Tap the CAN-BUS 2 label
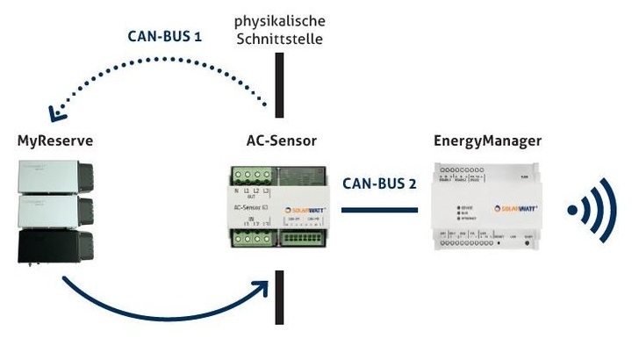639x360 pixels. tap(380, 185)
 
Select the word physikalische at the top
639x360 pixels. tap(279, 18)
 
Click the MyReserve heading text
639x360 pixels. tap(55, 140)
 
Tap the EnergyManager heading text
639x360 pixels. tap(487, 140)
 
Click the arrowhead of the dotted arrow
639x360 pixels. tap(59, 112)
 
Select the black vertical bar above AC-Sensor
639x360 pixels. tap(279, 85)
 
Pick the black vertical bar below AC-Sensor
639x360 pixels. tap(279, 297)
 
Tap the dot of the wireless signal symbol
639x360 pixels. tap(573, 210)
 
